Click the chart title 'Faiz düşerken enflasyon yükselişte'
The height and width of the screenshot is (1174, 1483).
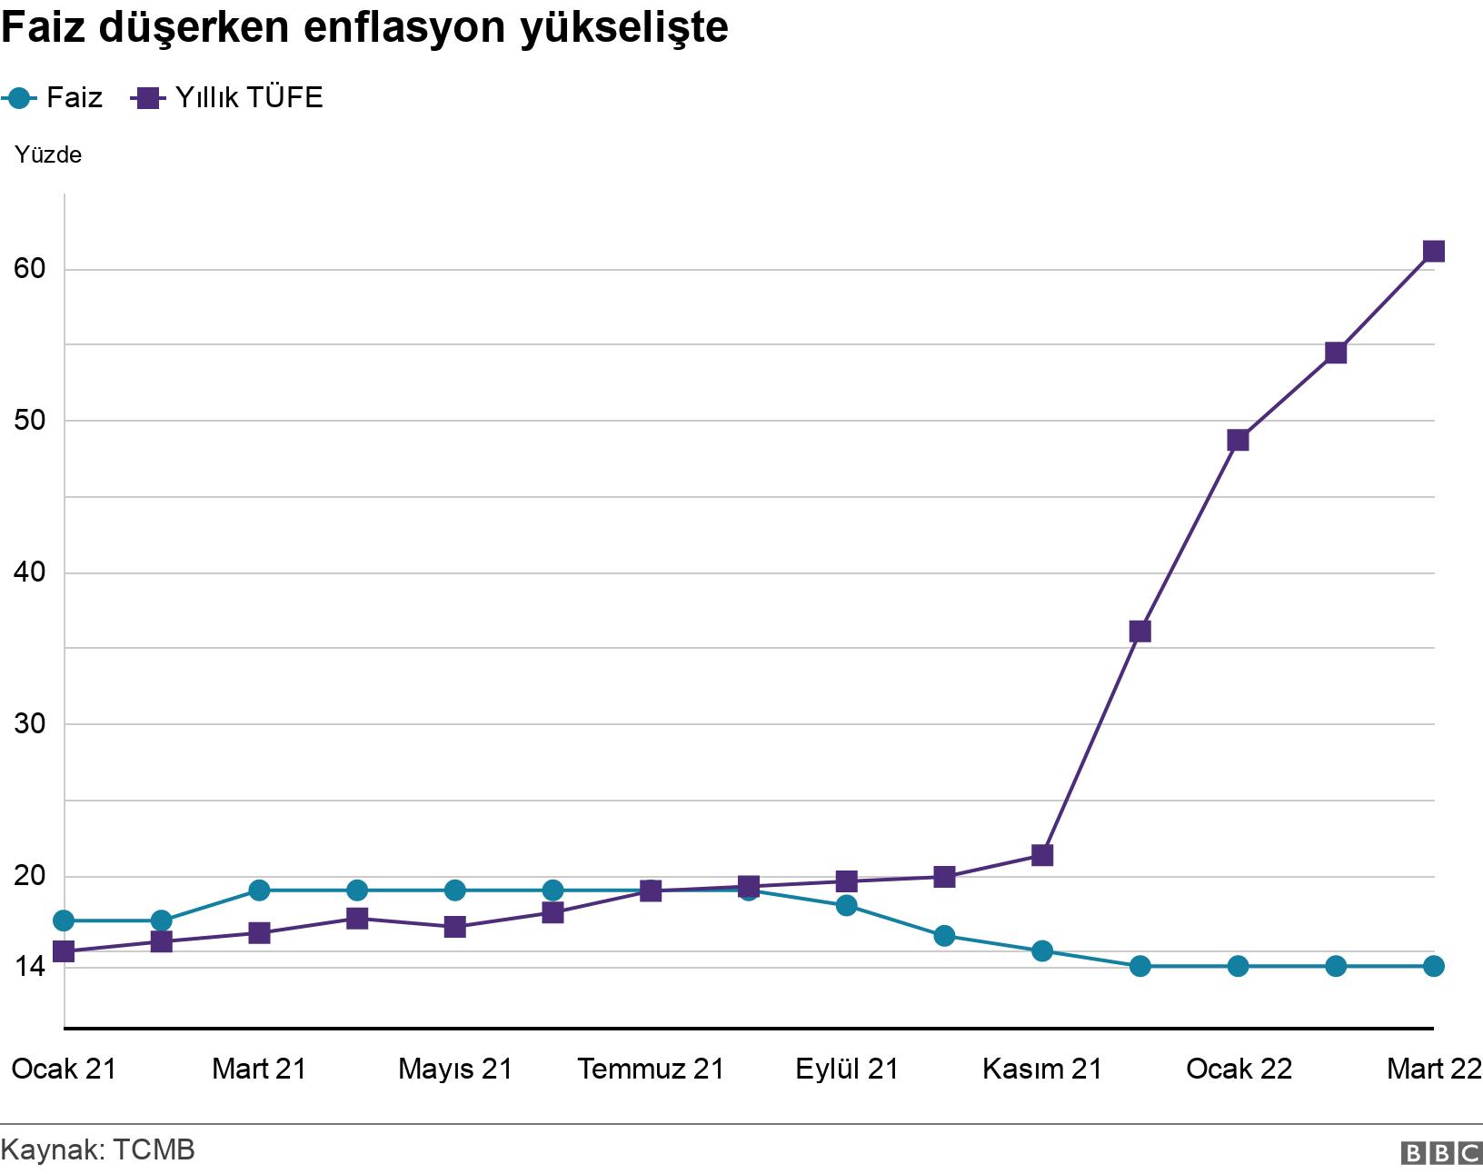(x=364, y=28)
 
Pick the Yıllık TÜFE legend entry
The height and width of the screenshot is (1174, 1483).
(x=227, y=97)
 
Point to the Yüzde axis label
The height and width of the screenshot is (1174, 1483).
(x=48, y=154)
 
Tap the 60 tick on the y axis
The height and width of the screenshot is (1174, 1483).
(x=30, y=268)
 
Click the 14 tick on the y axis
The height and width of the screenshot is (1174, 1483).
(x=30, y=966)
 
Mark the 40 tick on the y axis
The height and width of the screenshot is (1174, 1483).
(x=30, y=572)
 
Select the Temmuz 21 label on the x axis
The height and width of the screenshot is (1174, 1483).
(x=651, y=1069)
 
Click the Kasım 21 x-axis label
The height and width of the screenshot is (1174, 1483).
(x=1042, y=1069)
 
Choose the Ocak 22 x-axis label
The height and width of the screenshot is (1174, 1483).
(x=1239, y=1069)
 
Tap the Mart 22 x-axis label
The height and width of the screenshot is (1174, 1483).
(x=1434, y=1069)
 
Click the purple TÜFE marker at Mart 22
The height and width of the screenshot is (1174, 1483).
(x=1434, y=251)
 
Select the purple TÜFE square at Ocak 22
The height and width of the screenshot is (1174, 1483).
(x=1238, y=440)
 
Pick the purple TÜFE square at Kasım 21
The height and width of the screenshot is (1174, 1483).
(x=1042, y=855)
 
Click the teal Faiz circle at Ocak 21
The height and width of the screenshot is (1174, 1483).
(x=64, y=920)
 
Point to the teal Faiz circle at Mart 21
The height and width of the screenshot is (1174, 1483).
(x=259, y=890)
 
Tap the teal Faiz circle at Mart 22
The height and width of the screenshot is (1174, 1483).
(x=1434, y=966)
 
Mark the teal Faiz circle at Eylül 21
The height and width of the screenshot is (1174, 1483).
(x=846, y=905)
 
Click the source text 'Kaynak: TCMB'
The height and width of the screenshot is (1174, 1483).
(x=98, y=1149)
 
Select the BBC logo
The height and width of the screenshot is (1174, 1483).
(x=1441, y=1153)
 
